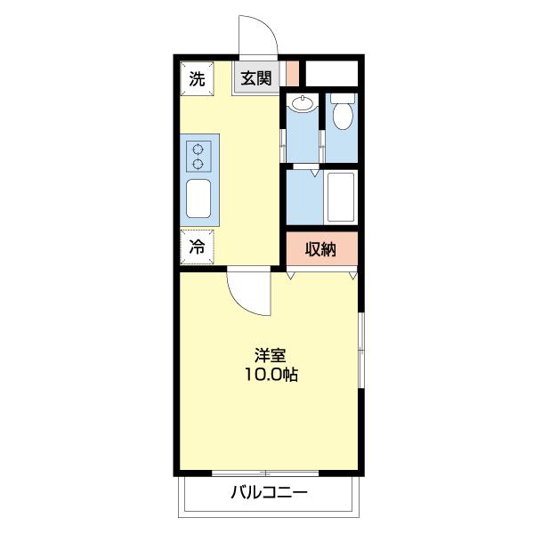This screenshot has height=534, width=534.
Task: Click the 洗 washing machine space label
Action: coord(197,78)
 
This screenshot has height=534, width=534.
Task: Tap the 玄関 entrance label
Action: coord(256,78)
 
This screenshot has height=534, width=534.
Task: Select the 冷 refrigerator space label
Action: coord(197,247)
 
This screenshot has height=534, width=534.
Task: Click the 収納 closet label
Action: coord(321,250)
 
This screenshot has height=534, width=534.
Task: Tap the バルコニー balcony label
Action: coord(269,493)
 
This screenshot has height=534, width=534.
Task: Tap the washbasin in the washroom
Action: coord(303,105)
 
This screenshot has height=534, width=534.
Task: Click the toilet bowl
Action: coord(342,114)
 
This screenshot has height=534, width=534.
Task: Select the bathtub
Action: coord(341,197)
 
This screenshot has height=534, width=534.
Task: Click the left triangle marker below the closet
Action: coord(291,277)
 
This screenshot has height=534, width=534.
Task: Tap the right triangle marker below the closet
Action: coord(353,277)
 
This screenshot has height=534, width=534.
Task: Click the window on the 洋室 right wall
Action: coord(360,349)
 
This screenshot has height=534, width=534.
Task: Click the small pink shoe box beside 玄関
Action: coord(292,71)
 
